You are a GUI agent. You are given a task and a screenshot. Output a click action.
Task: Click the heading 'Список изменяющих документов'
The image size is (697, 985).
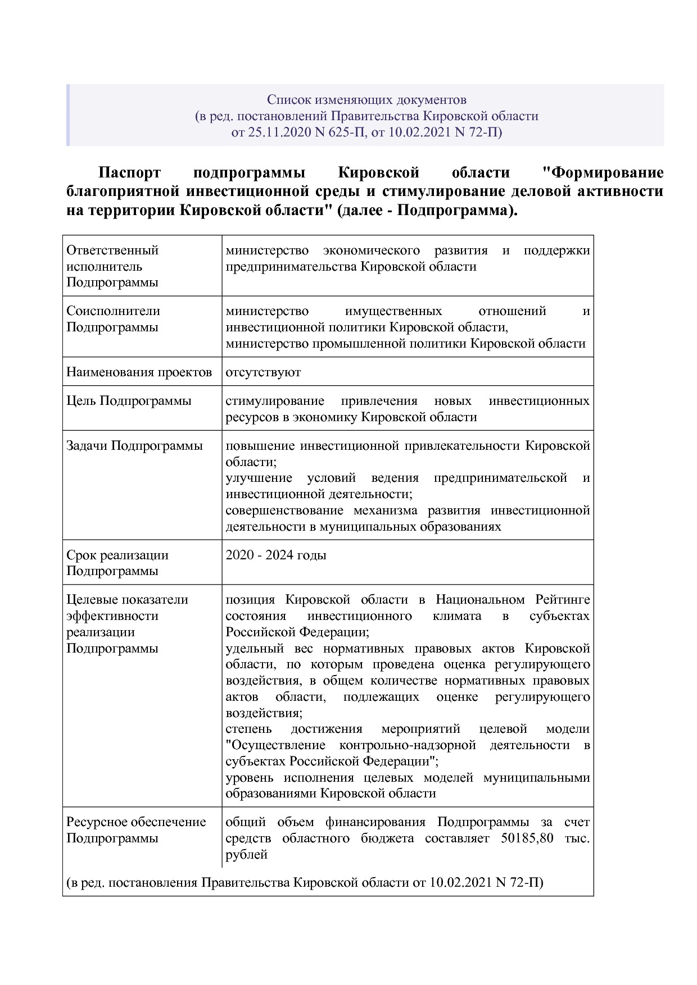[x=366, y=100]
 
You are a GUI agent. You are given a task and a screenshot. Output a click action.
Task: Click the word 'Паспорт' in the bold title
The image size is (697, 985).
[x=129, y=172]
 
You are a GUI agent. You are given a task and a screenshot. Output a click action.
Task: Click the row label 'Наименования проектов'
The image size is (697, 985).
[x=139, y=372]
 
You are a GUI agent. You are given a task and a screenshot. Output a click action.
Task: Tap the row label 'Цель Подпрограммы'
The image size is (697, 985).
[x=129, y=400]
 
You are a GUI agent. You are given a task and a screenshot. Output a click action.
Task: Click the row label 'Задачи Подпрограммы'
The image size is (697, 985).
[x=134, y=445]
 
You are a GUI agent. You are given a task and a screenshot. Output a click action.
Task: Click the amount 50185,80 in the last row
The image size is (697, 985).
[x=526, y=838]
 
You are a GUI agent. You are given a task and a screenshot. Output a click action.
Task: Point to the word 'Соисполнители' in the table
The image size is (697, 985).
[x=113, y=311]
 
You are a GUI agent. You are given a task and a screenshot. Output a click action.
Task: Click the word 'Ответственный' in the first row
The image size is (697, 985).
[x=112, y=250]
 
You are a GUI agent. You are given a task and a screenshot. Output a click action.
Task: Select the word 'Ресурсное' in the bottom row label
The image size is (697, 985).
[x=97, y=822]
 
